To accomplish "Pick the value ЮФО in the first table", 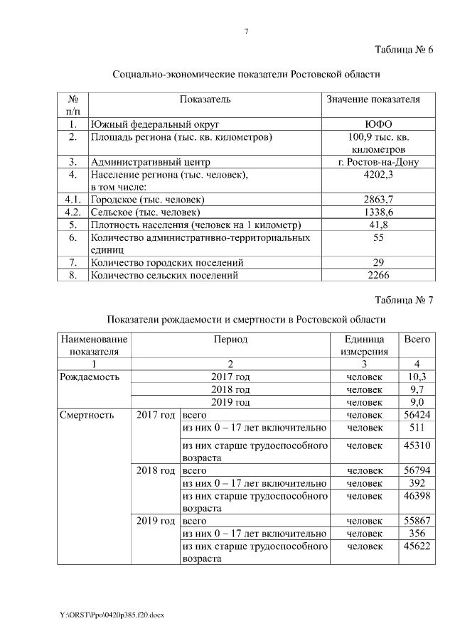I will pos(378,124).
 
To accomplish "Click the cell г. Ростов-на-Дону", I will pos(378,162).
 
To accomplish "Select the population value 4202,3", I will pos(378,175).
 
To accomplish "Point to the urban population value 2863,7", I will pos(378,200).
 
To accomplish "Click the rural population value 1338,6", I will pos(378,212).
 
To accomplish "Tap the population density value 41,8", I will pos(378,225).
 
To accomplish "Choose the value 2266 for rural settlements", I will pos(378,275).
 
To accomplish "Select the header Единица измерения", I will pos(364,345).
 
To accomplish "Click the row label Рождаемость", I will pos(90,377).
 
